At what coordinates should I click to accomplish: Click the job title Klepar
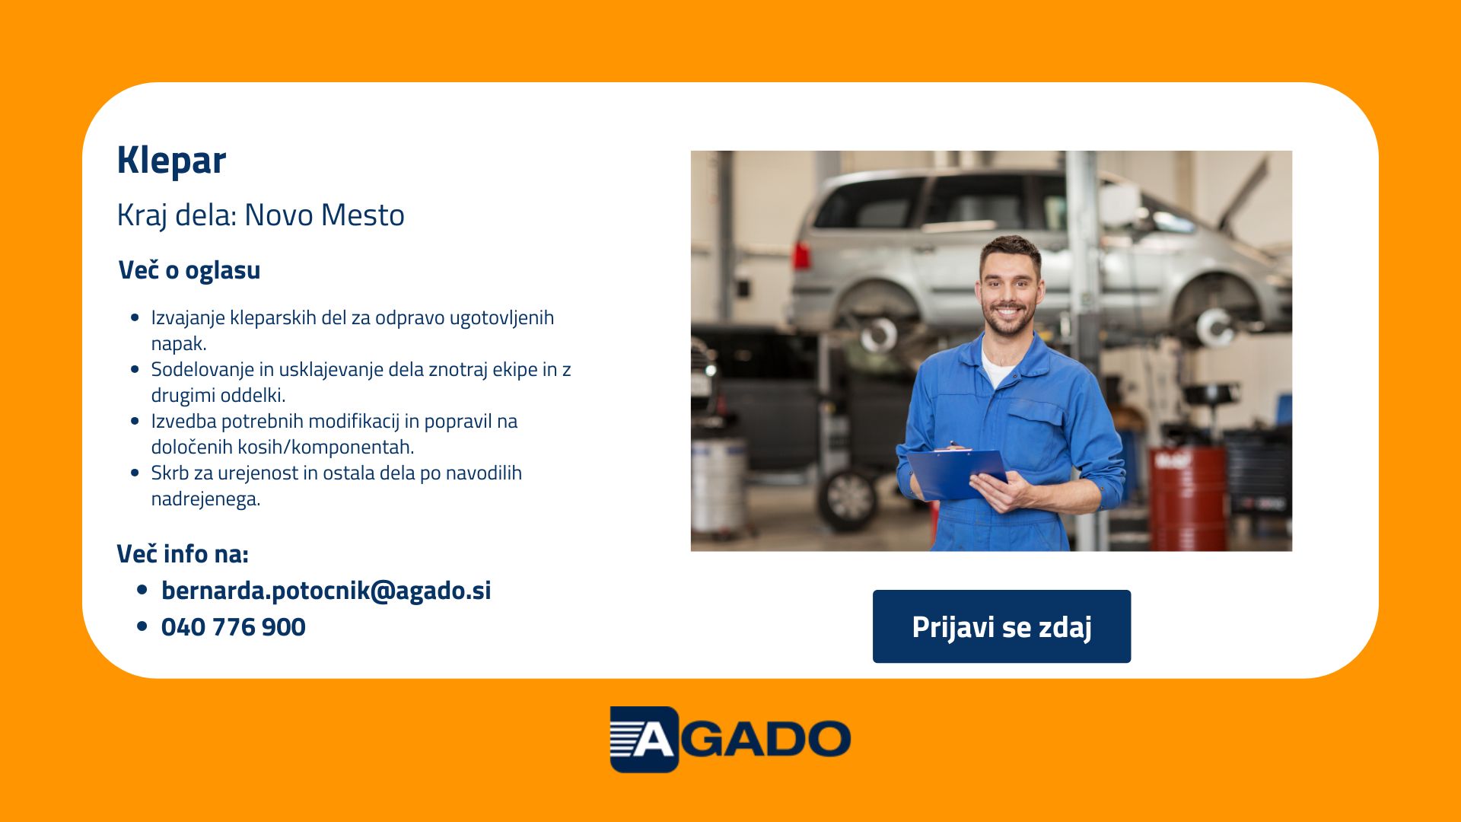171,161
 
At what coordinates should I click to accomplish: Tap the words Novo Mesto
324,215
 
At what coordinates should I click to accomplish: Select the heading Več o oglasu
189,270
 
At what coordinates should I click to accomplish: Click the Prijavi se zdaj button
1001,626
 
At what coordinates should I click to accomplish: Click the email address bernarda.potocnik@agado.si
326,591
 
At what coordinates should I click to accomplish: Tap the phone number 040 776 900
234,627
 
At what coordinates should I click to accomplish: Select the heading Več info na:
183,554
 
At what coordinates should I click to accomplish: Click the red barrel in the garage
1188,498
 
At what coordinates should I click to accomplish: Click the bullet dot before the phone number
142,626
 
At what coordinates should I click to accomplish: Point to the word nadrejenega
205,499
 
